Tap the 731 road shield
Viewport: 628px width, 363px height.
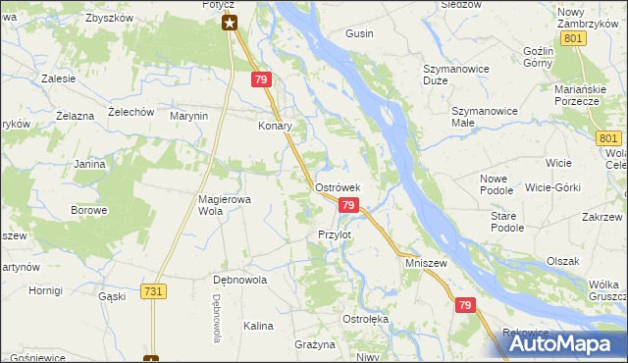152,291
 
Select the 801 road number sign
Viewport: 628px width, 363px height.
576,38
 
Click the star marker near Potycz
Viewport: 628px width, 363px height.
230,23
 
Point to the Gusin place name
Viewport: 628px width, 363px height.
359,33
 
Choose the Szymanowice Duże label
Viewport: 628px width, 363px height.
449,75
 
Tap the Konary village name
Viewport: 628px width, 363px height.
276,127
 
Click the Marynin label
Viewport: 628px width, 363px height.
190,116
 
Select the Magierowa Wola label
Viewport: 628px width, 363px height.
225,204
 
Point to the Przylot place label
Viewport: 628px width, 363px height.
335,235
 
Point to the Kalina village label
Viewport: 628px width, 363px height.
258,325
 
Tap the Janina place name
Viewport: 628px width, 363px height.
89,164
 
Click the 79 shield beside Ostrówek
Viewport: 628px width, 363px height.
347,204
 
